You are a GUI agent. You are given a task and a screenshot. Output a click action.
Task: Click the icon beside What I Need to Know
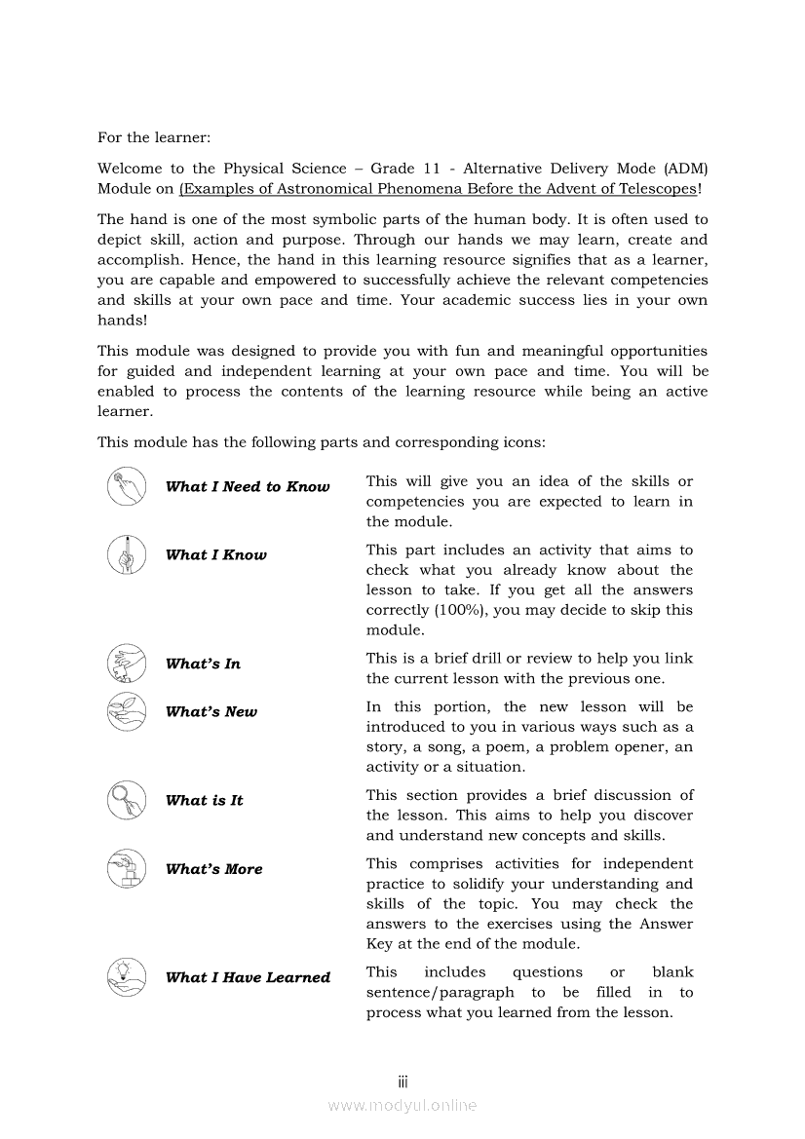tap(127, 486)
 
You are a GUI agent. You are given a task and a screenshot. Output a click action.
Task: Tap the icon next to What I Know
tap(127, 554)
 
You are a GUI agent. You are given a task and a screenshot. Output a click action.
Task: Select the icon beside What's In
tap(127, 664)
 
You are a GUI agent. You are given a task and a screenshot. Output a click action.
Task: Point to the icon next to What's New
tap(127, 711)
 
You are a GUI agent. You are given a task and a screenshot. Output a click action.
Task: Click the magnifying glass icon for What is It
tap(127, 800)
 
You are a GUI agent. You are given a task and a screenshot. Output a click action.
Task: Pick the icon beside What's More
tap(127, 868)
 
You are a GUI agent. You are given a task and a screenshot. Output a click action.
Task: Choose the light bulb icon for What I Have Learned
tap(127, 976)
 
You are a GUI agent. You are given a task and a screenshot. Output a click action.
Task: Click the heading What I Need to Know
tap(248, 487)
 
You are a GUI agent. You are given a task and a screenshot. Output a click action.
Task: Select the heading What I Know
tap(215, 555)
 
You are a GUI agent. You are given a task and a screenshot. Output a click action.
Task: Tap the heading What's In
tap(203, 664)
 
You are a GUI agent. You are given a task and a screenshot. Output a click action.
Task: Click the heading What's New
tap(211, 712)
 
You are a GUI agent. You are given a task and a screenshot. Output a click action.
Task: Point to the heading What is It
tap(204, 801)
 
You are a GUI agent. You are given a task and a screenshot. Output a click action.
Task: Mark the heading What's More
tap(213, 869)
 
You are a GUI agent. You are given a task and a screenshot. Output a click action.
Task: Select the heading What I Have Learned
tap(248, 977)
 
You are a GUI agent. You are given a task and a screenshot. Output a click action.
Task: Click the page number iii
tap(402, 1082)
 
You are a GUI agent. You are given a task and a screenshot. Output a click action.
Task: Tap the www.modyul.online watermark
tap(402, 1105)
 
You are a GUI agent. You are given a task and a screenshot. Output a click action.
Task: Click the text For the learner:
tap(154, 138)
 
